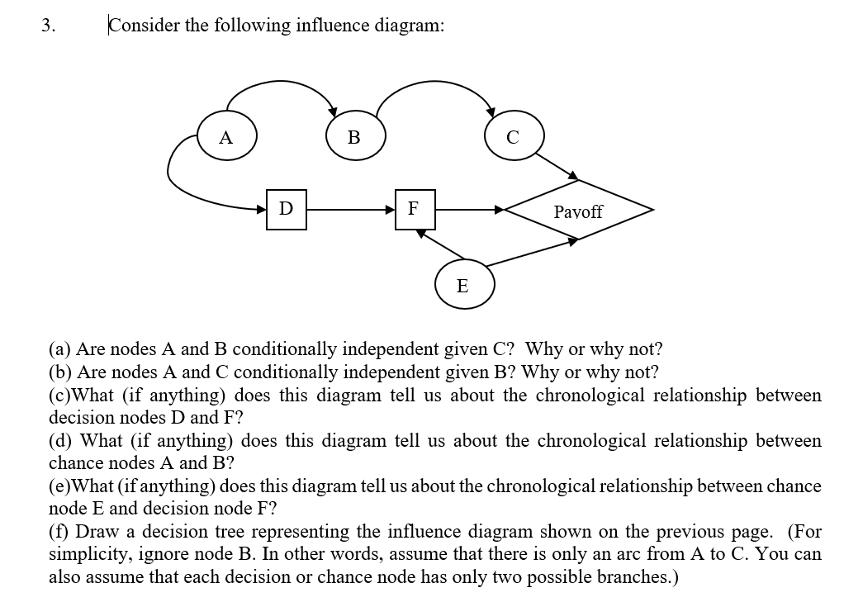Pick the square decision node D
click(287, 210)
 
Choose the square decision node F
click(415, 210)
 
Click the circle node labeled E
click(463, 286)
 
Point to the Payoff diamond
click(578, 211)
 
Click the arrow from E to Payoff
click(533, 252)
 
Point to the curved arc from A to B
click(281, 83)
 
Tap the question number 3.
click(48, 25)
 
